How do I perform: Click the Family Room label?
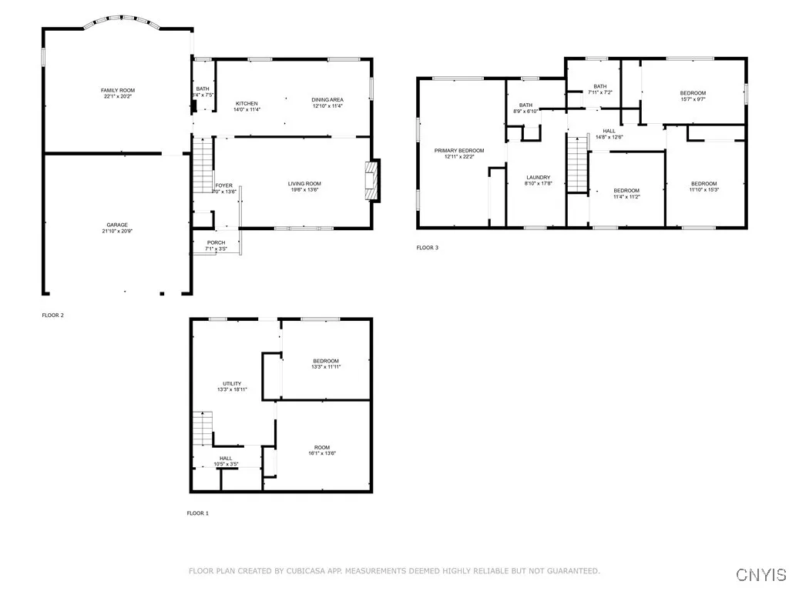(118, 91)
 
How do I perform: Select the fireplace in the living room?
(373, 180)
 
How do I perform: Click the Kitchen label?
(247, 103)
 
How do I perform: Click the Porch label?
(216, 242)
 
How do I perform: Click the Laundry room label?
(539, 177)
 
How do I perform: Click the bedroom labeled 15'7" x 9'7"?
(693, 93)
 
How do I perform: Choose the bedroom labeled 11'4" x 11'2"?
(626, 190)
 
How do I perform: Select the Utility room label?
(232, 383)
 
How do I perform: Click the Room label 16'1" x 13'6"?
(321, 447)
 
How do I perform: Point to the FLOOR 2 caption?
(53, 315)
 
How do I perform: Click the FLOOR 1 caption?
(197, 513)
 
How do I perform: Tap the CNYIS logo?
(760, 574)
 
